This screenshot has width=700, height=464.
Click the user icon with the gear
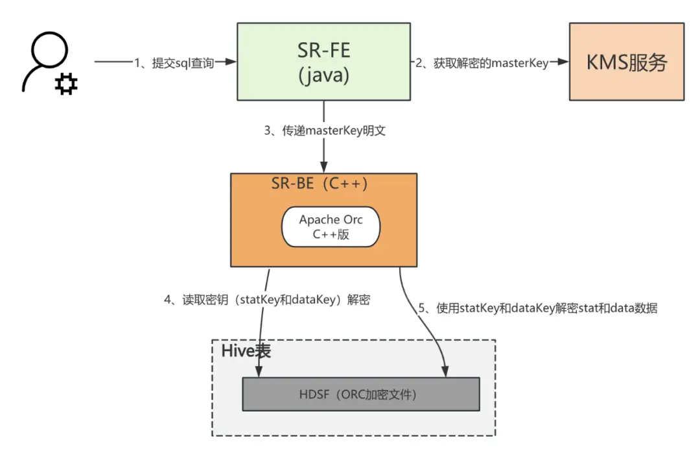click(x=47, y=65)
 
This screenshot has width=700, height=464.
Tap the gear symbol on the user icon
click(x=65, y=84)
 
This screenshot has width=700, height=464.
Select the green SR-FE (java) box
click(x=323, y=62)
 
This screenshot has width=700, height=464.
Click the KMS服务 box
click(x=626, y=62)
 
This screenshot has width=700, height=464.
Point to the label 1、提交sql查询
click(x=174, y=63)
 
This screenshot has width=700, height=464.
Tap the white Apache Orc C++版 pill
click(x=331, y=227)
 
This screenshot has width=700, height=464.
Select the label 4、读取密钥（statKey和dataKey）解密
click(x=266, y=300)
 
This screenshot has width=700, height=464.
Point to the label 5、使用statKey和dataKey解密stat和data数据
click(x=537, y=308)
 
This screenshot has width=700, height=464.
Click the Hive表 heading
click(x=246, y=351)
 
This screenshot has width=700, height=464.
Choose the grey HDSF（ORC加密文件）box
click(x=360, y=393)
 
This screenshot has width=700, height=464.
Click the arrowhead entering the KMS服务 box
click(x=563, y=62)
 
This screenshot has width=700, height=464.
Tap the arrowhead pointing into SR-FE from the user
click(x=231, y=62)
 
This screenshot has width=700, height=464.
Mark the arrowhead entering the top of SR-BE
click(x=323, y=168)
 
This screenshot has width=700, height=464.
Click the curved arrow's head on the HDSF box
click(x=446, y=372)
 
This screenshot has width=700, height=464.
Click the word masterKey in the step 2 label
click(x=521, y=63)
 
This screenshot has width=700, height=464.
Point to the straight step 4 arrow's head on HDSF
click(x=259, y=372)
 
